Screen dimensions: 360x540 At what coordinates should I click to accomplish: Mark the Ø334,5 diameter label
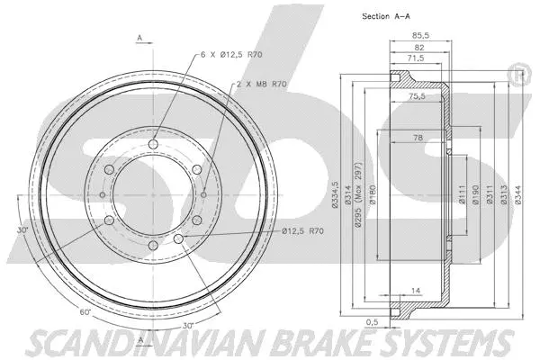(335, 191)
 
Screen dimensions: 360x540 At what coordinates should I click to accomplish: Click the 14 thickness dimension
(417, 290)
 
